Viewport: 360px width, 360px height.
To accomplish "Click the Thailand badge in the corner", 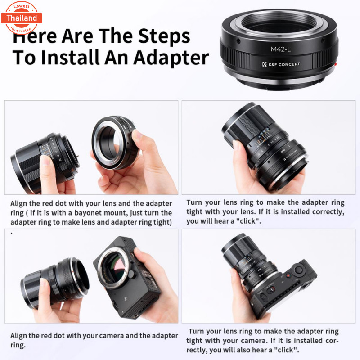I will coord(22,18).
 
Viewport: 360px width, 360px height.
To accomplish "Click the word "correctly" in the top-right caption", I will coord(327,212).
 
